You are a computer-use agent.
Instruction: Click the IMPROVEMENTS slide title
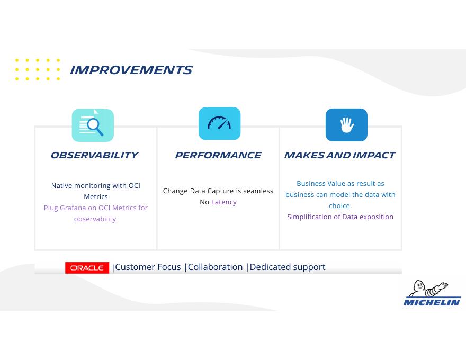(131, 70)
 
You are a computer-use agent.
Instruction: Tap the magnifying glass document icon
(93, 125)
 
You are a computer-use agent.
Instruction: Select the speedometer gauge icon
(219, 123)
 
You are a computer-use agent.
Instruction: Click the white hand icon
(346, 125)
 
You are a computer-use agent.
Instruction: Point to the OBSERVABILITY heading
(94, 155)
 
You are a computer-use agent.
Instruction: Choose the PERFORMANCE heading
(218, 155)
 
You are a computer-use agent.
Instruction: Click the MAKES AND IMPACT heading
(339, 155)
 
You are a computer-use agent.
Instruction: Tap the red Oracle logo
(87, 268)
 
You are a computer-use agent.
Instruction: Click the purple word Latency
(224, 202)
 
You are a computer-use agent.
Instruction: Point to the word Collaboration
(215, 267)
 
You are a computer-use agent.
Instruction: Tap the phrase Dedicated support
(288, 267)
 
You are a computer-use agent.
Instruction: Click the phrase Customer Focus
(148, 267)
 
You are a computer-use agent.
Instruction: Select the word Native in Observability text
(61, 186)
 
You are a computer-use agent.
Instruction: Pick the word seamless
(258, 191)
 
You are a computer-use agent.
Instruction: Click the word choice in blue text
(339, 205)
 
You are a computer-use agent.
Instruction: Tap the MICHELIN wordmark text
(432, 302)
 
